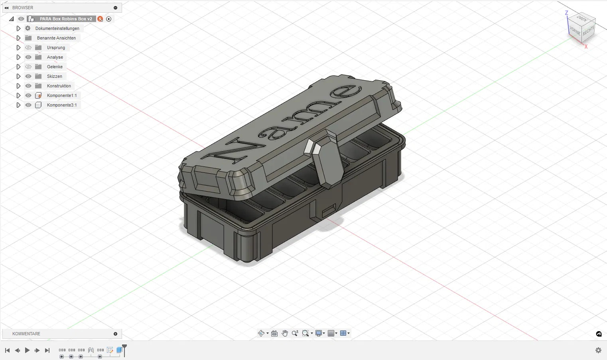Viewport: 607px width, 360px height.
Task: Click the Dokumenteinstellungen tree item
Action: coord(57,28)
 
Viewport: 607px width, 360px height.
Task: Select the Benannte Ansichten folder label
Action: coord(56,38)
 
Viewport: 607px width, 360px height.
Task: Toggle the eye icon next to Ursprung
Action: coord(28,48)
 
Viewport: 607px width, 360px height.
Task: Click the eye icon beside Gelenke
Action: coord(28,67)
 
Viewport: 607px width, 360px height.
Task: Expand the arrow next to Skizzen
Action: coord(18,77)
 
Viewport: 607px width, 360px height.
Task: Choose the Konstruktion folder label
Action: coord(59,86)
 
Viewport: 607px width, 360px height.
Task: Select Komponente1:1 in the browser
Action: coord(62,95)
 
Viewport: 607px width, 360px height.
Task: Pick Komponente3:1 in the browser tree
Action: coord(62,105)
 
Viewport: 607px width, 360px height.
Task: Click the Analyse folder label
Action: coord(55,57)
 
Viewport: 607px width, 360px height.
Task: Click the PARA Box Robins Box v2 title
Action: coord(66,19)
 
